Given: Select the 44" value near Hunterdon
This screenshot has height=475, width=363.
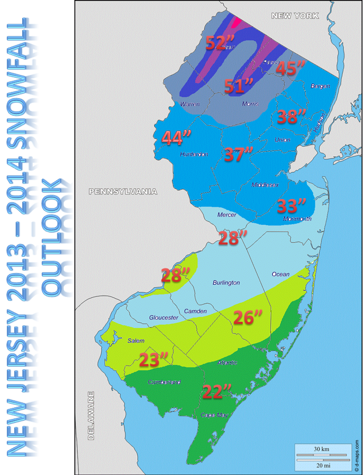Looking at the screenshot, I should point(177,138).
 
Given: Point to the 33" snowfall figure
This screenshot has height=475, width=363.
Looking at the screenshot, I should point(292,206).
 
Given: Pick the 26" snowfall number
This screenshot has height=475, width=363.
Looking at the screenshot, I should point(248,318).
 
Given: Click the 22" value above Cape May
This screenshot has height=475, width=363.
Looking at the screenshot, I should point(217,392).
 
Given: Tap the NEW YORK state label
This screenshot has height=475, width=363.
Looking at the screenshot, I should point(295,16).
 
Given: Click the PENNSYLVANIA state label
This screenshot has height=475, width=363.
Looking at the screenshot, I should point(123,191).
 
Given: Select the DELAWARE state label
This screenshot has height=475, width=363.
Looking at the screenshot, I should point(91,415).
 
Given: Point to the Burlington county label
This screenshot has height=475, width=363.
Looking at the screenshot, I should point(226,283).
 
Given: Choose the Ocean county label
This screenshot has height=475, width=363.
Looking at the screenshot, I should point(280,274).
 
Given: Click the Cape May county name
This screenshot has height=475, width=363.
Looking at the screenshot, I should point(214,415).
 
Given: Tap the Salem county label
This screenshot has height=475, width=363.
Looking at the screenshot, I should point(136,341).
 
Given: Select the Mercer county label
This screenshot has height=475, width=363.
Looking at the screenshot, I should point(227,215).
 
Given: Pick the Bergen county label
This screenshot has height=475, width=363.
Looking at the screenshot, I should point(320,86).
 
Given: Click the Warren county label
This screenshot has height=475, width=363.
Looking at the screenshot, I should point(190,104).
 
